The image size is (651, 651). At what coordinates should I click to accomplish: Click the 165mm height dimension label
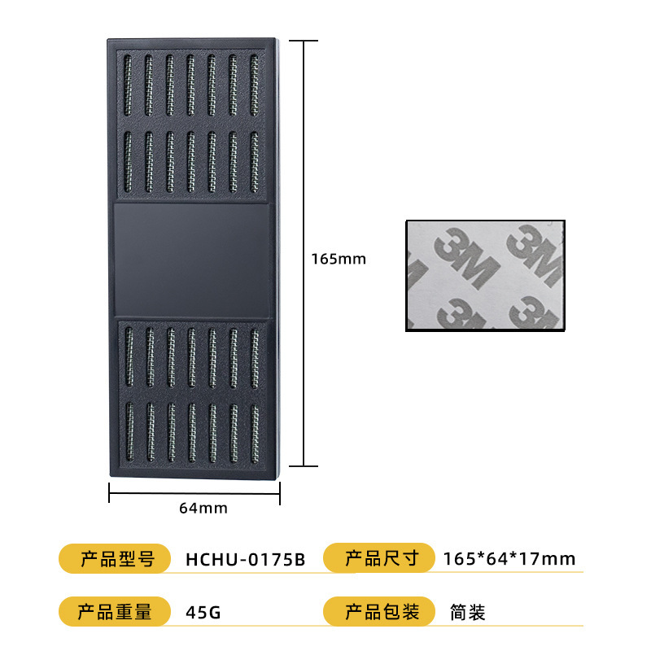[339, 260]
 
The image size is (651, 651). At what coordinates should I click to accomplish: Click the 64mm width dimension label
[203, 508]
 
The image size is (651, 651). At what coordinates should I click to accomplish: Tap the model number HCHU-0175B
[245, 559]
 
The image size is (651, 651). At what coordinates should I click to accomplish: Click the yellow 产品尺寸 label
[381, 559]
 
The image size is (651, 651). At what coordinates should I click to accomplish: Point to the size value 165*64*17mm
[509, 559]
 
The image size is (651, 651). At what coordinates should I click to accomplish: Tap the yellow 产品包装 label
[381, 612]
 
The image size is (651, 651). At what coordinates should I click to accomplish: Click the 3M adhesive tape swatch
[485, 276]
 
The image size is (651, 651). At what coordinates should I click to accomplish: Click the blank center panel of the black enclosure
[192, 260]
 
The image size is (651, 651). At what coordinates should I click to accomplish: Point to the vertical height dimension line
[304, 163]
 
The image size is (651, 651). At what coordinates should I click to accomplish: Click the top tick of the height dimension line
[304, 40]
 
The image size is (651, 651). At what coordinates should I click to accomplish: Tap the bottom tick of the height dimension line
[304, 466]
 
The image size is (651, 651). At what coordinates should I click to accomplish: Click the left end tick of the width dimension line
[109, 492]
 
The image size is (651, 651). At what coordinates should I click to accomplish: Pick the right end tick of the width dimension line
[281, 492]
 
